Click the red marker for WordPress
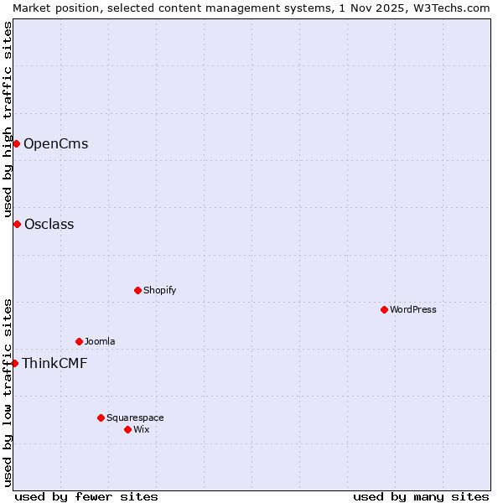[384, 309]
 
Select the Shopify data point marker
[137, 290]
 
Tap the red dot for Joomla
[79, 341]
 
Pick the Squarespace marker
[101, 417]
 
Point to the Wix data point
[127, 429]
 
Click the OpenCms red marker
[16, 143]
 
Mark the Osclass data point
[17, 224]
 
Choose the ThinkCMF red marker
[14, 363]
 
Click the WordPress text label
[413, 309]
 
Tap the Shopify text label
[159, 290]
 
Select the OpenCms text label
[55, 143]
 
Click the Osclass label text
[49, 224]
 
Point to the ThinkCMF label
[54, 363]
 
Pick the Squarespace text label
[135, 417]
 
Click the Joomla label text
[100, 341]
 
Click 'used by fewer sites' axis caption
[86, 496]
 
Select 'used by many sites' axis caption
[421, 496]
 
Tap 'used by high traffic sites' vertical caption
[8, 119]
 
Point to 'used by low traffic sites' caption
[8, 392]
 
